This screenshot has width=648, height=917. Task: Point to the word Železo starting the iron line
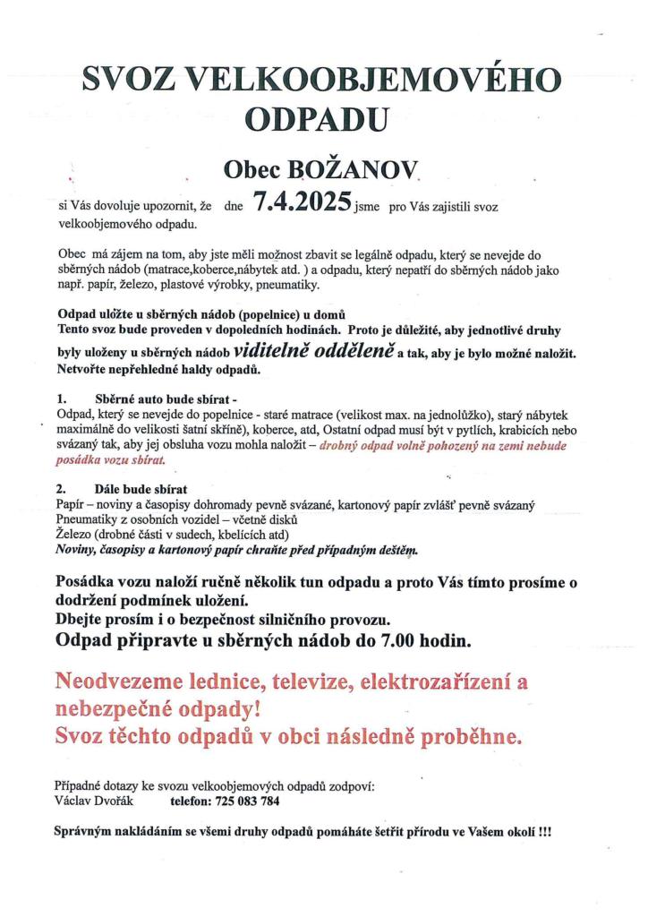74,535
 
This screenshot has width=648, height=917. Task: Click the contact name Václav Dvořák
95,801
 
